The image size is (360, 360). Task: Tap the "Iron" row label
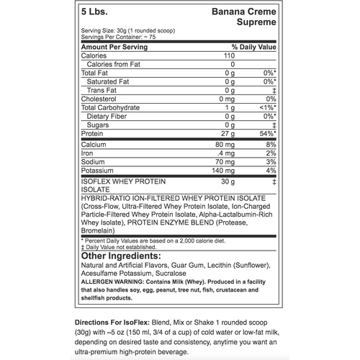[88, 153]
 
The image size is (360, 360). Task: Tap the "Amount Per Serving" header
[114, 47]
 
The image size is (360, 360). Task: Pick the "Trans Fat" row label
[102, 90]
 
